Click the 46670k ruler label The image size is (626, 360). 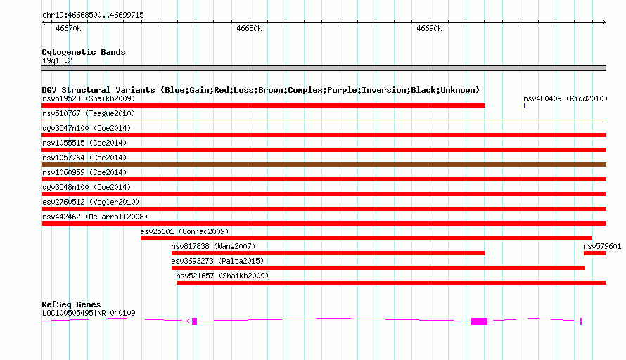[x=68, y=28]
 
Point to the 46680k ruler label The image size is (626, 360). [x=249, y=28]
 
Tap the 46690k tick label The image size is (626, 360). [x=429, y=28]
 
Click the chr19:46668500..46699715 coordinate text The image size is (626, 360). [x=93, y=15]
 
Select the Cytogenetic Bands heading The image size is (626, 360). [x=84, y=52]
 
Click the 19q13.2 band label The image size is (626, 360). [x=57, y=60]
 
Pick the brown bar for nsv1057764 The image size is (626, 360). [x=324, y=165]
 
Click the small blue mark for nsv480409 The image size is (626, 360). [x=525, y=105]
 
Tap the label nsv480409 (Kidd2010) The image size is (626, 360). [x=566, y=98]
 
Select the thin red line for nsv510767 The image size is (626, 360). [x=324, y=120]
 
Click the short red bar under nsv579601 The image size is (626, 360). [x=595, y=253]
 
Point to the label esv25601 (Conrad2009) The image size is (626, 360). [x=184, y=231]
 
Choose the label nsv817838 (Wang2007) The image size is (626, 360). [x=213, y=246]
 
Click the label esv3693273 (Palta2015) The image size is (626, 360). [x=217, y=261]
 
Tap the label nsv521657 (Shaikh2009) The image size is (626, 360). [x=222, y=276]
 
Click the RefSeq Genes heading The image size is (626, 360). [x=71, y=304]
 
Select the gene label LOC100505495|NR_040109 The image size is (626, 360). [x=89, y=314]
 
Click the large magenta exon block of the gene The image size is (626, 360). [x=479, y=321]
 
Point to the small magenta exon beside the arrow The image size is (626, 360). [x=194, y=321]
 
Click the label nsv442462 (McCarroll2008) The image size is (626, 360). [x=95, y=217]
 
